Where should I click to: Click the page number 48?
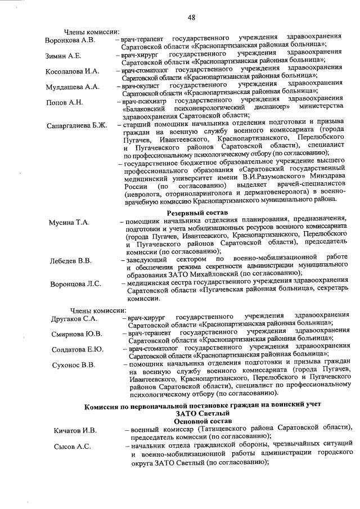point(191,18)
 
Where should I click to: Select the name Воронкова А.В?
point(71,41)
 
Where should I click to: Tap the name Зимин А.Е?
point(64,56)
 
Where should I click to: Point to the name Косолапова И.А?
point(73,71)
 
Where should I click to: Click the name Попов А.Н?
point(64,102)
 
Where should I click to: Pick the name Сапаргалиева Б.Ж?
point(76,125)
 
